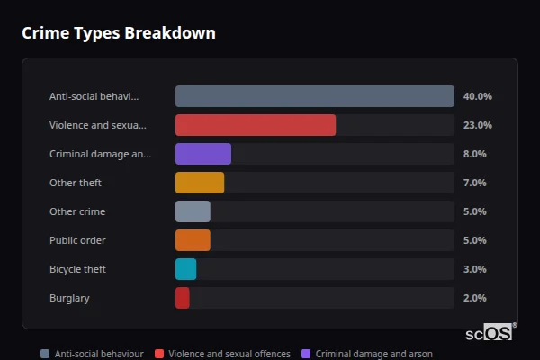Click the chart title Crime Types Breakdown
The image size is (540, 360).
tap(118, 33)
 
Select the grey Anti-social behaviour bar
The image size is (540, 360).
tap(314, 96)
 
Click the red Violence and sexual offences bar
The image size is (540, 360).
tap(256, 125)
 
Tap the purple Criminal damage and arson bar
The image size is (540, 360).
tap(203, 154)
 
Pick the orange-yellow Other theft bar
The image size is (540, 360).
tap(200, 183)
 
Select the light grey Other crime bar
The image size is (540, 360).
tap(193, 211)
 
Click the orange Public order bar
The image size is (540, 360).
tap(193, 240)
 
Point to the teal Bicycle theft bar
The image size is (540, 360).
tap(185, 269)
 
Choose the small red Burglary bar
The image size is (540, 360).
tap(183, 298)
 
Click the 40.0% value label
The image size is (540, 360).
tap(477, 96)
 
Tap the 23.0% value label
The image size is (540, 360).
tap(477, 125)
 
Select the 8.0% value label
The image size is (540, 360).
tap(474, 154)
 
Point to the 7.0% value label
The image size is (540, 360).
tap(474, 183)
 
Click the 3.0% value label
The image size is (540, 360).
tap(474, 269)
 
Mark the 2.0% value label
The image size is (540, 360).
tap(474, 298)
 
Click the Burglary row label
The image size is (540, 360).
tap(69, 298)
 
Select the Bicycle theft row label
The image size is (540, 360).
tap(77, 269)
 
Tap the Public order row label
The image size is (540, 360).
tap(77, 240)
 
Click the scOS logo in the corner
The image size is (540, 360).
tap(490, 332)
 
